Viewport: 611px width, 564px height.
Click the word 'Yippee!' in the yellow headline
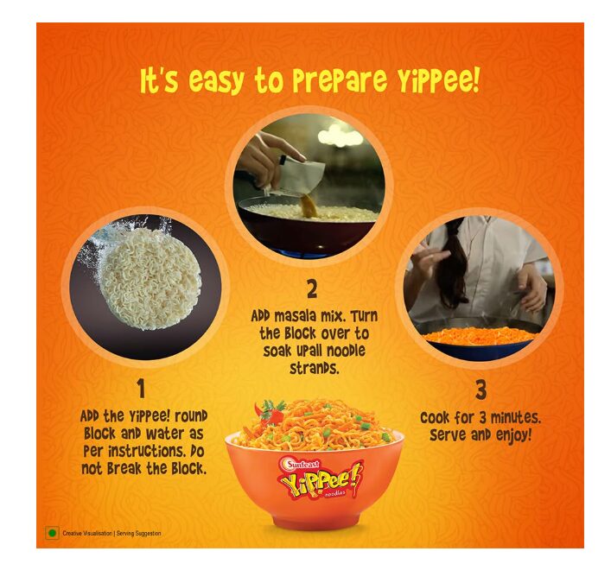[438, 79]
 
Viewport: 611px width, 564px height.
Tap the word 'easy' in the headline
[216, 81]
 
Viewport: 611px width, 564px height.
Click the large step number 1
[141, 389]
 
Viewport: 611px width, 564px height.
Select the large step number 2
[312, 289]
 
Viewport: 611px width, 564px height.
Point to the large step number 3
[481, 390]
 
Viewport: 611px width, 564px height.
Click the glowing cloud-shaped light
[341, 136]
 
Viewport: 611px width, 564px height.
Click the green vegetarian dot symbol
[52, 533]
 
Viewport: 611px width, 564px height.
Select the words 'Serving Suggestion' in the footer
[139, 533]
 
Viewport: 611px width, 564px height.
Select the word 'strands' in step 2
[315, 368]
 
